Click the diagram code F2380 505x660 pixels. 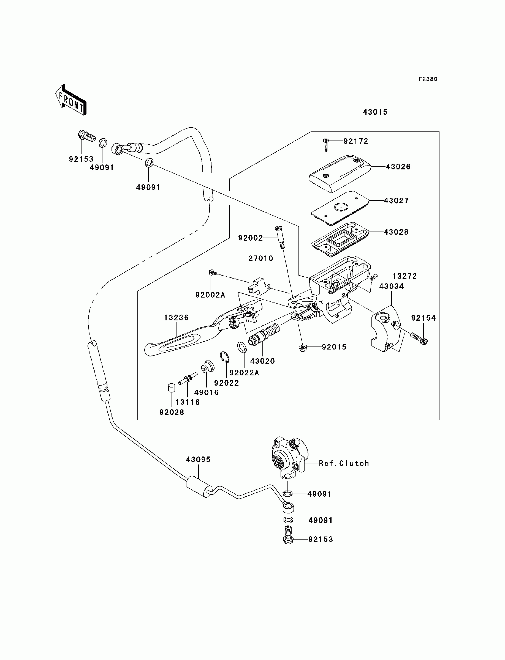tap(428, 79)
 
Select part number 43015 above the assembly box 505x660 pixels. tap(375, 112)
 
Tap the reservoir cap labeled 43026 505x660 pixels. tap(340, 173)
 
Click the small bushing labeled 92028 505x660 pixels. tap(172, 388)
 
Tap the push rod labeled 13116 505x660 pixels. tap(187, 378)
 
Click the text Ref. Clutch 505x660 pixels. tap(344, 463)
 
